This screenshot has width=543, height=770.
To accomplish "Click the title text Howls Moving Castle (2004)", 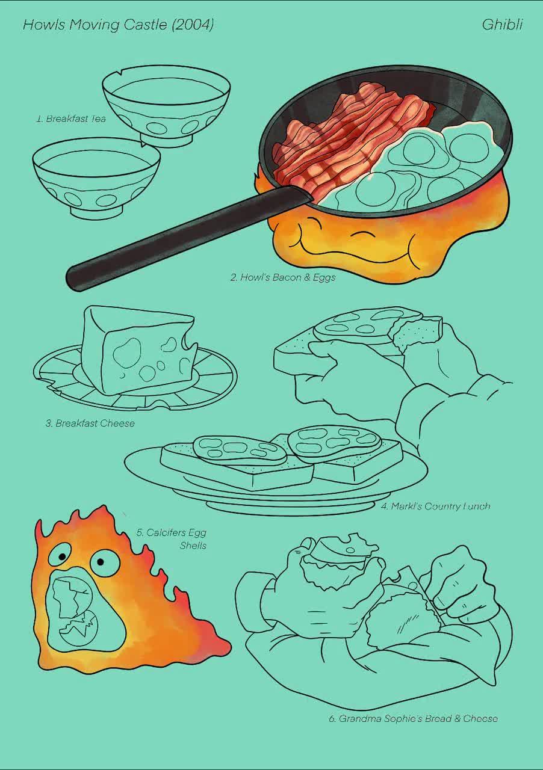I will (x=118, y=25).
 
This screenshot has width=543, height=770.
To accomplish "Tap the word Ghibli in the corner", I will (x=502, y=25).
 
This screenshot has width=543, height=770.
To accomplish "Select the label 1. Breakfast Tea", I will (x=71, y=119).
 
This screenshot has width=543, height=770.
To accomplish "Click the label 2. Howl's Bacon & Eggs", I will (x=282, y=277).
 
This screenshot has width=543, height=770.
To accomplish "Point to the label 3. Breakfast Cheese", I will (x=90, y=423).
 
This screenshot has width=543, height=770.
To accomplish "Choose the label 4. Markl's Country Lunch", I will (x=435, y=507).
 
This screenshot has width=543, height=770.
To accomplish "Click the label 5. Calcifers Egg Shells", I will (x=172, y=539).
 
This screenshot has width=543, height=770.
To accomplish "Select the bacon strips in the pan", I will (x=349, y=135).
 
